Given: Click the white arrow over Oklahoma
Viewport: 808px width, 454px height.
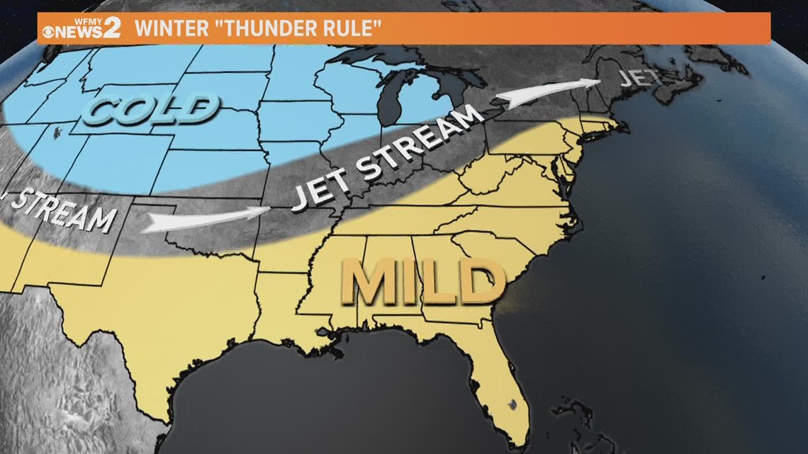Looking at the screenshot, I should click(206, 219).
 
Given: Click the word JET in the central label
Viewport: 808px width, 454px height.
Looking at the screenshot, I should click(320, 188).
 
